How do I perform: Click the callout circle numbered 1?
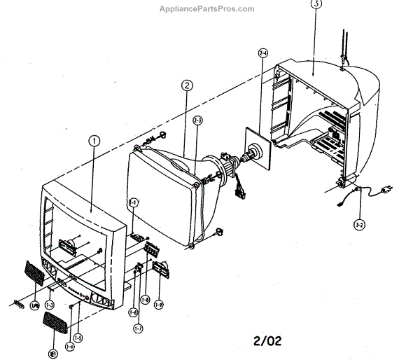[x=94, y=140]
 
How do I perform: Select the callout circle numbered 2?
[x=187, y=86]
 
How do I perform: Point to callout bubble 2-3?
[x=198, y=120]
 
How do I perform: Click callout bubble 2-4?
[x=263, y=52]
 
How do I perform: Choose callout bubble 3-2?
[x=359, y=225]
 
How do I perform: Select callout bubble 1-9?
[x=159, y=304]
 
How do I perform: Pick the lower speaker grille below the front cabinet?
[x=58, y=323]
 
